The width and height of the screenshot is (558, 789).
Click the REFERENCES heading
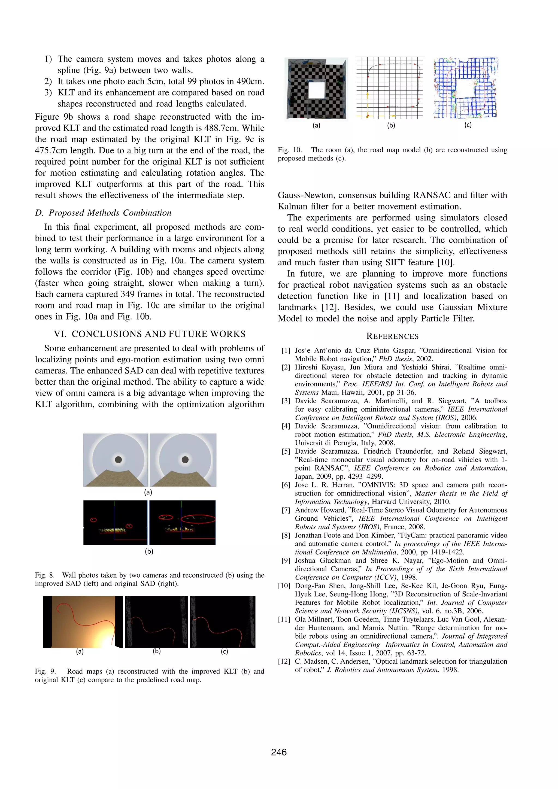tap(392, 336)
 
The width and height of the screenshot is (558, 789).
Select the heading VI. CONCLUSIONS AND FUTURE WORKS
tap(150, 334)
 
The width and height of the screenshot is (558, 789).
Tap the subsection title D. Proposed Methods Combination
tap(103, 213)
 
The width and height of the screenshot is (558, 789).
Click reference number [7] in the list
tap(286, 510)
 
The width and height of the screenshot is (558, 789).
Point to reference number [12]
tap(284, 661)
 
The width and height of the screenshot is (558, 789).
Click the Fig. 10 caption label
tap(289, 150)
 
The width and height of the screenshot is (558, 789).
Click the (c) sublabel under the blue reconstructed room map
tap(468, 125)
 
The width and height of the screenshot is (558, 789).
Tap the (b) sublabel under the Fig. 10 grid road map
tap(391, 125)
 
